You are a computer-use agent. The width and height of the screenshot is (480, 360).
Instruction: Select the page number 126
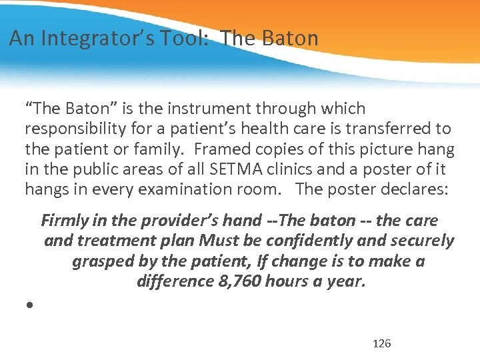point(382,344)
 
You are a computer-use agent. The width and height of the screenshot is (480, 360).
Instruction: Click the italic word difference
point(175,281)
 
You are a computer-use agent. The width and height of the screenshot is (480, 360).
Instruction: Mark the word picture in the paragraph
point(401,149)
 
